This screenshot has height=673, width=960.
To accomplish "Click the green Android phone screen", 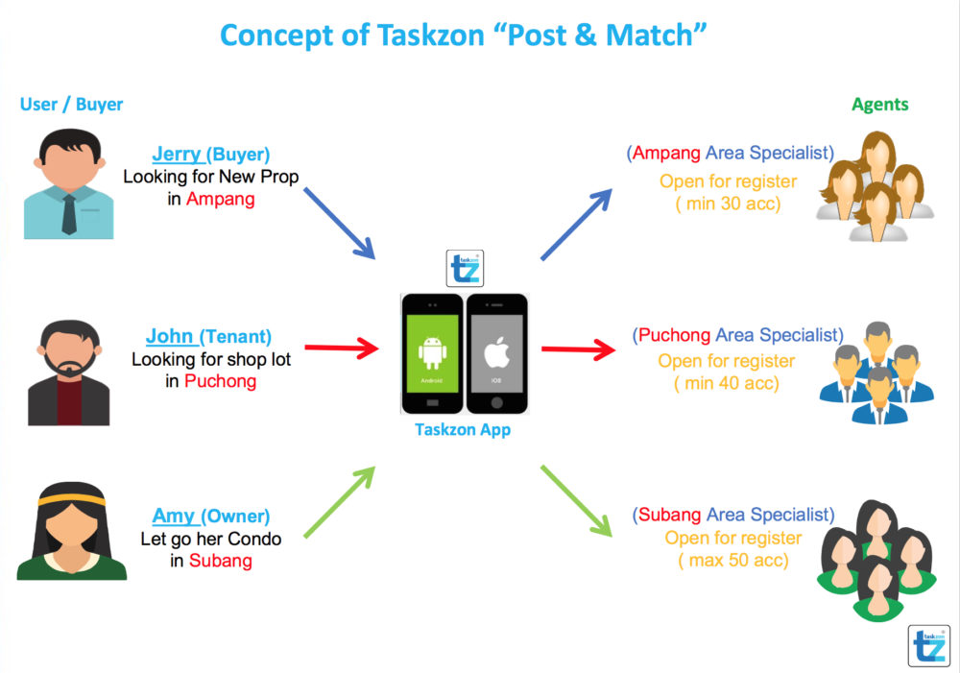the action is coord(432,353).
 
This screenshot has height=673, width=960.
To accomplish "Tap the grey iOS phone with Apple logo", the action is coord(496,354).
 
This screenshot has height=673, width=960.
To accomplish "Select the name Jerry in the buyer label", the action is coord(177,154).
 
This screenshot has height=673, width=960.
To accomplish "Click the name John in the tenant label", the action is coord(170,336).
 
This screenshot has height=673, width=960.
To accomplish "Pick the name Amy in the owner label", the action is coord(173,516).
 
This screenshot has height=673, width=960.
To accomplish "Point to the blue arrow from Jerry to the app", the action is coord(339,224).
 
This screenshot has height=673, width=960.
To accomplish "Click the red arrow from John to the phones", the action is coord(342,348).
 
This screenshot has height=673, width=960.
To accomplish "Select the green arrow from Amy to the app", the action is coord(340,502).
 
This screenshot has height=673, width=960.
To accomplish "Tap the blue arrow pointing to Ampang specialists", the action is coord(576,225).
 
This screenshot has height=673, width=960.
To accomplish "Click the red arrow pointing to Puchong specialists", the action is coord(579,349).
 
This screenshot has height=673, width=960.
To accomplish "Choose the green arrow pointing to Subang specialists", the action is coord(576,501).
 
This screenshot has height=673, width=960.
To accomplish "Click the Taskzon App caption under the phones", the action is coord(463,430).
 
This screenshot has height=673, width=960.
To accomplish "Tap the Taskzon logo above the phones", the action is coord(465,268).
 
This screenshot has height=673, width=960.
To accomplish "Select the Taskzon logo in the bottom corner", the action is coord(928,645).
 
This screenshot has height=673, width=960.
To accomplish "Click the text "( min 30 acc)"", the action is coord(728,204).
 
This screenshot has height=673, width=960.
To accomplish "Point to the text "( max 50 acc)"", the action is coord(732,561).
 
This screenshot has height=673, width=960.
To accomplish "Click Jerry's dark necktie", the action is coord(69,214).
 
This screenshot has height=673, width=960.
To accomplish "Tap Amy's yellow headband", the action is coord(72,501).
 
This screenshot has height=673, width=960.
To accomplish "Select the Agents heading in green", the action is coord(879,105).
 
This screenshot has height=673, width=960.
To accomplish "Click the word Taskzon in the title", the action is coord(430,35).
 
